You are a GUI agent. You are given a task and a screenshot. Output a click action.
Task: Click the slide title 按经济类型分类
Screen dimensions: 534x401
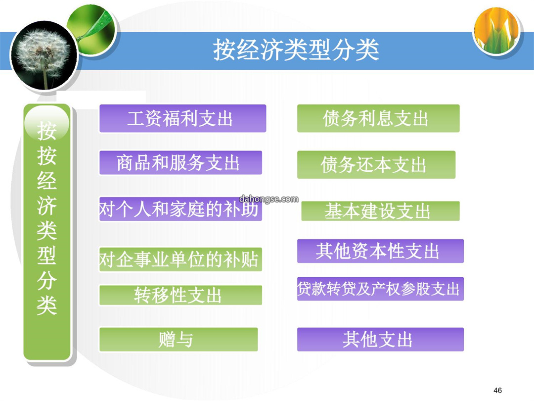pos(296,50)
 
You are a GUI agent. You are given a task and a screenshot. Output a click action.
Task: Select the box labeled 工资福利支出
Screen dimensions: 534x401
pos(182,118)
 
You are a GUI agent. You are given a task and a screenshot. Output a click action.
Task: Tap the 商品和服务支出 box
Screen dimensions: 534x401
pos(180,163)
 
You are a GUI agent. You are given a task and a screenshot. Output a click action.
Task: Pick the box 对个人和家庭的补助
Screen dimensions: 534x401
pos(180,209)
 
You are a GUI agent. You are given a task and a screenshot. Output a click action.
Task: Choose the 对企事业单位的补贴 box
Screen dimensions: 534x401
pos(180,259)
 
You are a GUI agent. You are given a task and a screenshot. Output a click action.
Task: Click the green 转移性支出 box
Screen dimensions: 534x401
pos(180,295)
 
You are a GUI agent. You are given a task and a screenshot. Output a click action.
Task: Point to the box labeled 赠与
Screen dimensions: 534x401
pos(178,339)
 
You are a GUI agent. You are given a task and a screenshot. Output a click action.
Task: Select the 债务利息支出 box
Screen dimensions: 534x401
pos(378,118)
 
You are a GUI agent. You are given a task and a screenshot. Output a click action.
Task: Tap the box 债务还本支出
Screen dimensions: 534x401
pos(376,165)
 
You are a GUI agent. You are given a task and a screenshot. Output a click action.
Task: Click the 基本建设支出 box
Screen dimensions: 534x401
pos(380,211)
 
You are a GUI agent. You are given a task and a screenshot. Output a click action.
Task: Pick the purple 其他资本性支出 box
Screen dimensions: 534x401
pos(380,251)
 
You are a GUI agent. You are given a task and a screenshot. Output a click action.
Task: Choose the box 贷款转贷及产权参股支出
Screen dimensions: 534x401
pos(380,289)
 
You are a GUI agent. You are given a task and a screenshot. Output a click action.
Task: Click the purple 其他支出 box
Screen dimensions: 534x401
pos(380,339)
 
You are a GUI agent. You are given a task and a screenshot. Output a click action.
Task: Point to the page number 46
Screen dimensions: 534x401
pos(497,390)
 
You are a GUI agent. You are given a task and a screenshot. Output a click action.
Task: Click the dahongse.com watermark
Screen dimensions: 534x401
pos(268,199)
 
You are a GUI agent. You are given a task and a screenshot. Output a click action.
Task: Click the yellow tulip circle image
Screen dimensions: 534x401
pos(497,31)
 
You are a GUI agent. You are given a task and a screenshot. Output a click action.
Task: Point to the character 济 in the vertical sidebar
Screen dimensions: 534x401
pos(46,205)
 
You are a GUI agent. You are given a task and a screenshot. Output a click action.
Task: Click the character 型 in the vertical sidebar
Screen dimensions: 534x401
pos(46,255)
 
